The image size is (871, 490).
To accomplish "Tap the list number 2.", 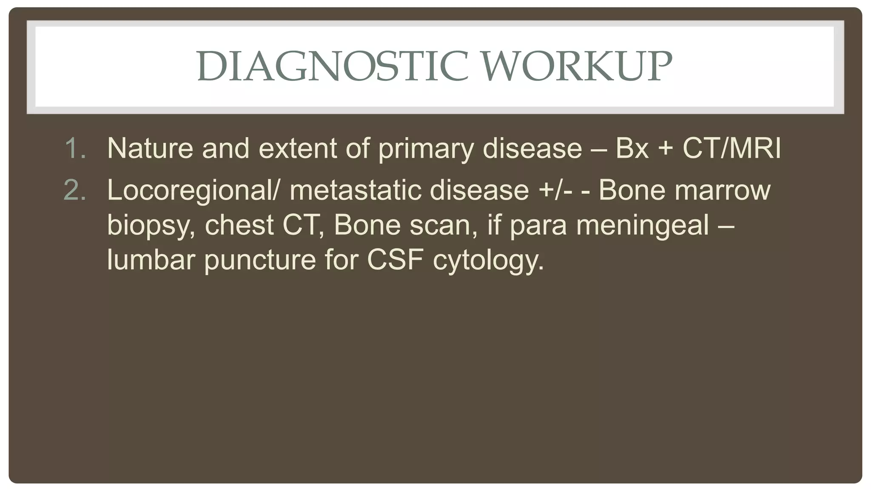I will [75, 190].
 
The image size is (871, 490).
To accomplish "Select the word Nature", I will [150, 148].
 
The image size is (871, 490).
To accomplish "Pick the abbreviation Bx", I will [632, 148].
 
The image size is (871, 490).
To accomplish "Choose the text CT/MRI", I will [732, 148].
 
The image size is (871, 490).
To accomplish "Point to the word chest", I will [239, 225].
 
